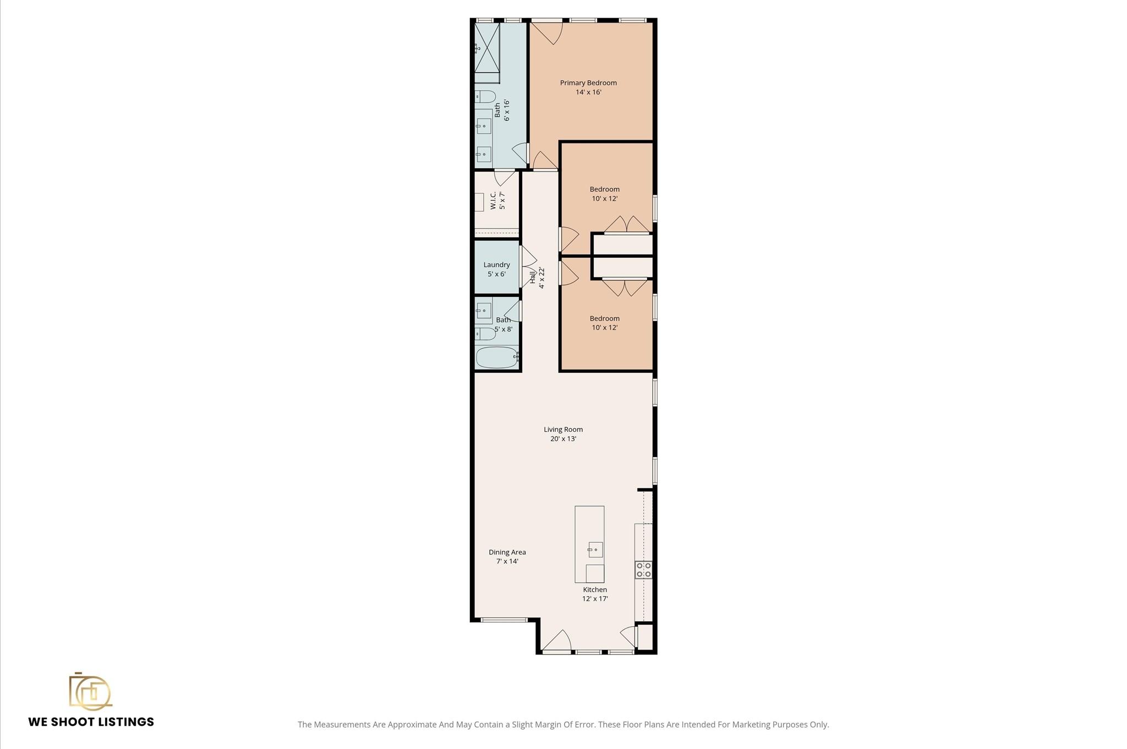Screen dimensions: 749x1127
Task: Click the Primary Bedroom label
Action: (588, 83)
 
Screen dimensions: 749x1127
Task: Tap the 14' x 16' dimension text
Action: (588, 92)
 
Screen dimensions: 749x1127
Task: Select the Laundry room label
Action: (496, 265)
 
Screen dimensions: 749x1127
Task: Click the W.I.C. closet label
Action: (494, 200)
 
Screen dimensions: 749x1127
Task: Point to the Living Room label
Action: (563, 429)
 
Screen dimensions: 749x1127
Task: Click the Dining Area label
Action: (507, 552)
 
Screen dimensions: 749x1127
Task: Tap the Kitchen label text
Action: (595, 590)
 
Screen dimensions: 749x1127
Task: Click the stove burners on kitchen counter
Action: (643, 570)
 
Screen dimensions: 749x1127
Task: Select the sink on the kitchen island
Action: (595, 549)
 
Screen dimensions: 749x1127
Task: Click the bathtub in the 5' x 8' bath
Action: (497, 357)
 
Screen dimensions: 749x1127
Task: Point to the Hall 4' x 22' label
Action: (537, 278)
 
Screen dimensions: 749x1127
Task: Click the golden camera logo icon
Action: (90, 691)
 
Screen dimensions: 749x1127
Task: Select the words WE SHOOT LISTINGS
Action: (91, 722)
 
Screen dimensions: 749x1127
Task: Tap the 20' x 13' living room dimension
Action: (563, 439)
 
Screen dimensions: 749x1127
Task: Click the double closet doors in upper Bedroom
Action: (626, 225)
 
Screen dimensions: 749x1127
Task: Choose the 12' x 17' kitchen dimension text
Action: (595, 599)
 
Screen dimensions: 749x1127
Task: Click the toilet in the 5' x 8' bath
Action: (485, 333)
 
